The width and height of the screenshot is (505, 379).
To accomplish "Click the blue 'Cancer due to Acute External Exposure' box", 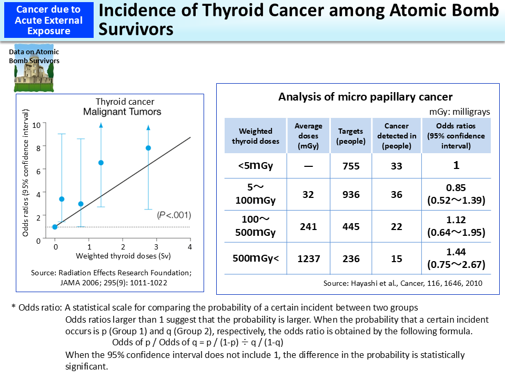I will tap(49, 19).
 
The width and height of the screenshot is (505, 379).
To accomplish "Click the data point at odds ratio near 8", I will tap(148, 148).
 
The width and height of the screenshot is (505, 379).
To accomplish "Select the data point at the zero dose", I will tap(55, 227).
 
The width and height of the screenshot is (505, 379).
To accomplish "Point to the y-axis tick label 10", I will tap(36, 125).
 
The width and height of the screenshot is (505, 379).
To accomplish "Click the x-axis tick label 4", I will tap(190, 246).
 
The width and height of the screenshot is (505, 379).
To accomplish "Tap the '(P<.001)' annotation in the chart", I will tap(174, 215).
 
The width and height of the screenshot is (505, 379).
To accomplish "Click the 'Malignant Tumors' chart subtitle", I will tap(122, 112).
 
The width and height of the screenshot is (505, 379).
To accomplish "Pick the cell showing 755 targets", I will tap(351, 166).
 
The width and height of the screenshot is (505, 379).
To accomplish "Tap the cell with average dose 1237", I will tap(308, 258).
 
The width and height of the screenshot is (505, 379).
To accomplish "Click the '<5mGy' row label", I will tap(255, 166).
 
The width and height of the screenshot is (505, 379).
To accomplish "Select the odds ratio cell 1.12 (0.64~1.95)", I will tap(456, 226).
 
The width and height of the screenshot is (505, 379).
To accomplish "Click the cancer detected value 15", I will tap(397, 258).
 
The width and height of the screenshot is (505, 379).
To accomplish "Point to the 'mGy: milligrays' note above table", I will tap(459, 111).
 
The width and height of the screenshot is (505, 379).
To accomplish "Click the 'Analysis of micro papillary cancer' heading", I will tap(365, 97).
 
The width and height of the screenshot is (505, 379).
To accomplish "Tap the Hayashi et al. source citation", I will tap(402, 283).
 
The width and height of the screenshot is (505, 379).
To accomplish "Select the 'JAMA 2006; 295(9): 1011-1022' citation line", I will tap(110, 282).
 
